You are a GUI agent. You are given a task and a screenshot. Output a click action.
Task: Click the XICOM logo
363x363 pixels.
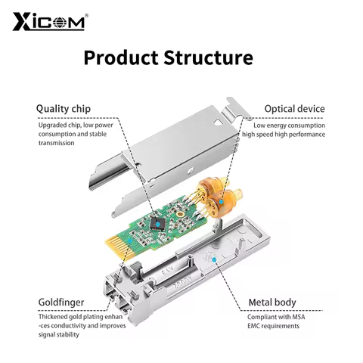(48, 20)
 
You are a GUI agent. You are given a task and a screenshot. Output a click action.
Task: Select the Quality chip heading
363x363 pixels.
(64, 109)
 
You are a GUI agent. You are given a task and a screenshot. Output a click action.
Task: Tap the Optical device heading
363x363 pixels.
(294, 109)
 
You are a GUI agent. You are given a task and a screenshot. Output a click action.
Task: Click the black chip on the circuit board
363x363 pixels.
(157, 220)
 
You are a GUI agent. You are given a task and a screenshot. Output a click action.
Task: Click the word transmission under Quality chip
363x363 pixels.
(57, 143)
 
